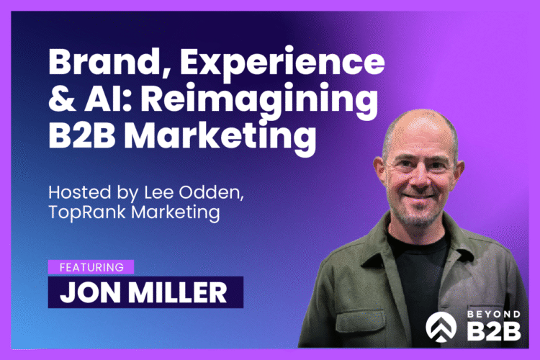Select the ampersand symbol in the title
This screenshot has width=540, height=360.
pyautogui.click(x=60, y=99)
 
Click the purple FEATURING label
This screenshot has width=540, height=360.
pyautogui.click(x=91, y=266)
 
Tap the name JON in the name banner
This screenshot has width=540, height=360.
pyautogui.click(x=89, y=292)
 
